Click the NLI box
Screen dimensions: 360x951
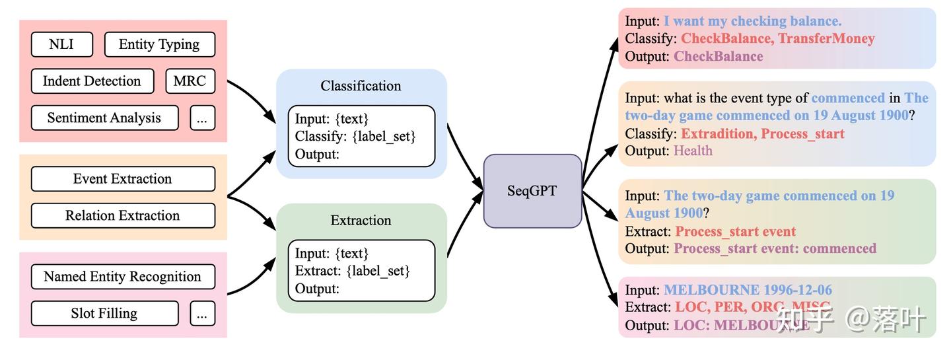61,44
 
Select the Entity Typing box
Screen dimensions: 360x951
159,44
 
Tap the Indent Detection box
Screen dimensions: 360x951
92,81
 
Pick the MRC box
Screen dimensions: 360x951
190,81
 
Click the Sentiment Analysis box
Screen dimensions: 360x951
104,118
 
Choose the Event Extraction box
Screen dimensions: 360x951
123,179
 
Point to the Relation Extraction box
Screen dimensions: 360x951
123,216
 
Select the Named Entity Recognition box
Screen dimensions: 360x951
123,277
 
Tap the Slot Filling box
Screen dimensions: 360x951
104,313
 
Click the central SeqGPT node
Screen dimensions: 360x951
532,191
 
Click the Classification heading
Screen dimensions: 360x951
361,86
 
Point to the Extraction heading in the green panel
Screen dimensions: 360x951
361,221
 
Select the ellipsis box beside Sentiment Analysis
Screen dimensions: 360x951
202,118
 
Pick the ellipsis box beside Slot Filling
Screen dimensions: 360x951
202,314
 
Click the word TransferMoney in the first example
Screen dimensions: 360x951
826,39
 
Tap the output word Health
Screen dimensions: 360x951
693,151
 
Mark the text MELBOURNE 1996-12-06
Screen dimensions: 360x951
748,290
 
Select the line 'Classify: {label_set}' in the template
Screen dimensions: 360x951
355,137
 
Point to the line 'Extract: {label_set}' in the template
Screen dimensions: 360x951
353,271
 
